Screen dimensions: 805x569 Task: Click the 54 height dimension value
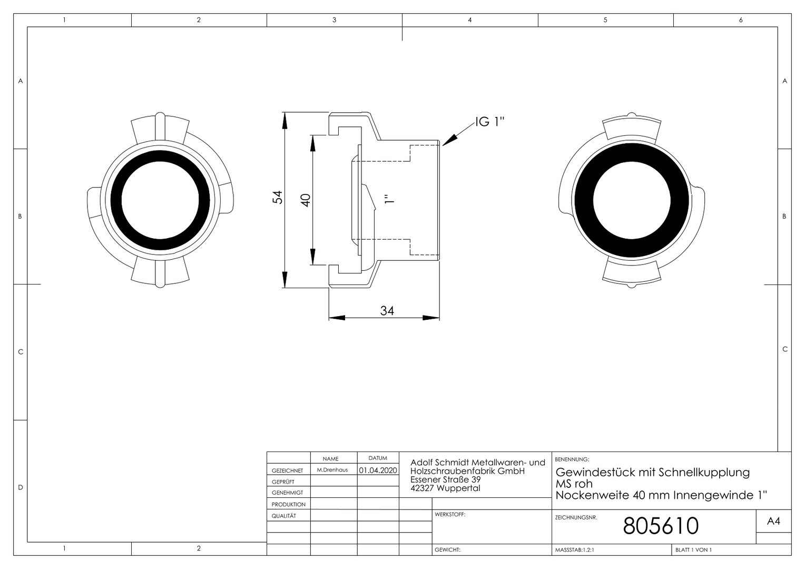pos(278,198)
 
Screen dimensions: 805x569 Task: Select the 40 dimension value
pos(306,200)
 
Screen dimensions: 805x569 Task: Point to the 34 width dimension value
pos(387,310)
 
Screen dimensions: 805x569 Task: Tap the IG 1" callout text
pos(490,122)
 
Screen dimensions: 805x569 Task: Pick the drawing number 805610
pos(661,525)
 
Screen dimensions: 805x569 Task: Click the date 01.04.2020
pos(378,470)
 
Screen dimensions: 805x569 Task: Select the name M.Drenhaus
pos(332,470)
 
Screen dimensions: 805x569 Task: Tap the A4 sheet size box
pos(773,521)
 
